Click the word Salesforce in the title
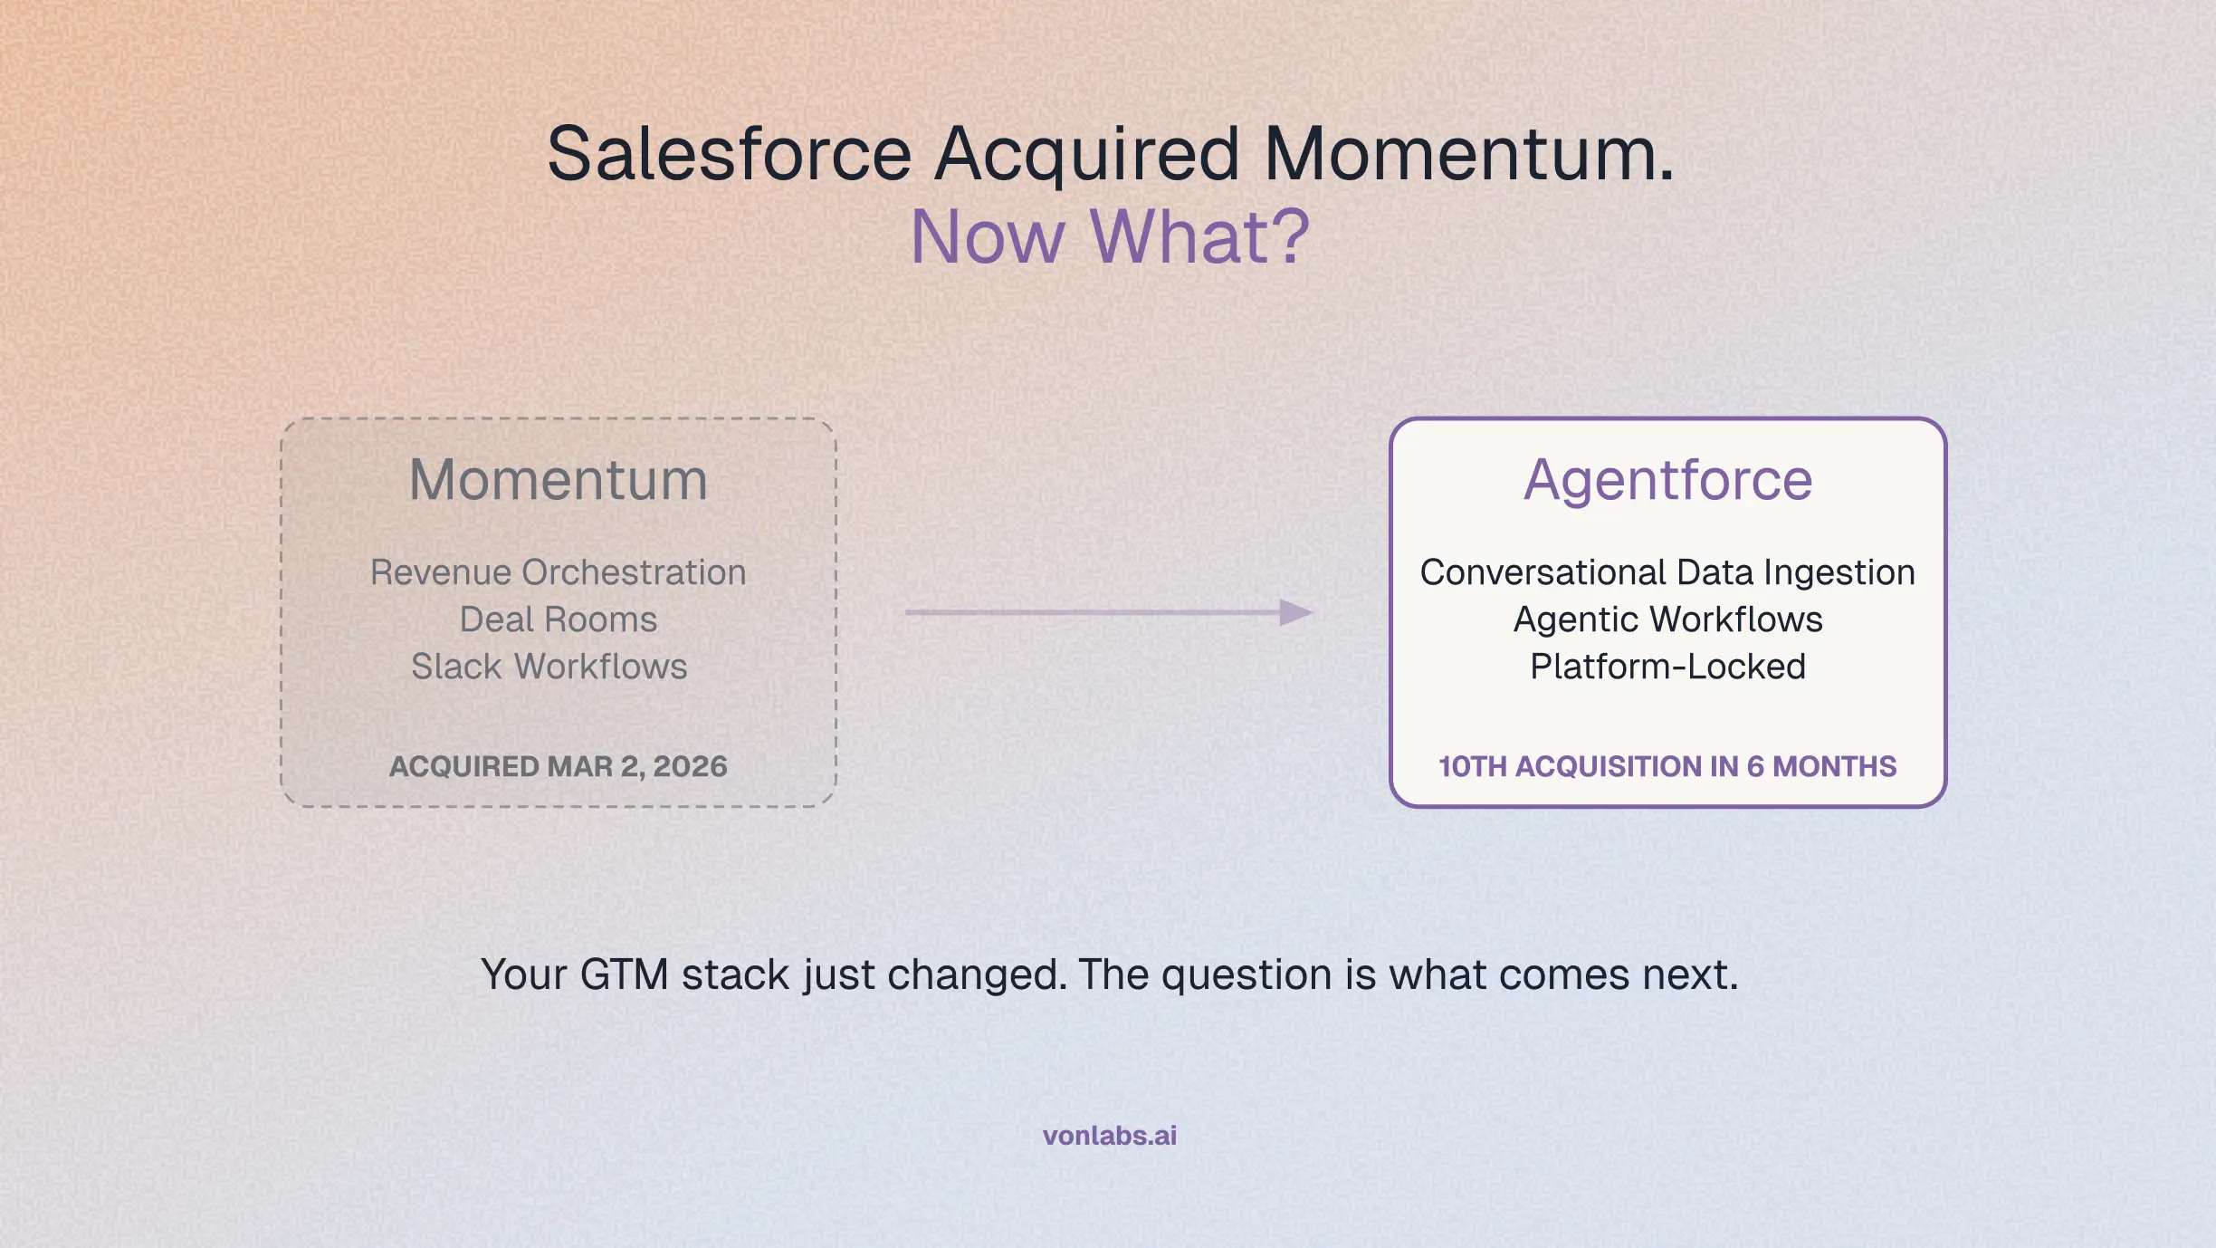point(730,153)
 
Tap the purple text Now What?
point(1110,236)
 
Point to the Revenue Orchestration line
point(559,572)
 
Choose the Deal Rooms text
point(559,619)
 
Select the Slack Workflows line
point(549,667)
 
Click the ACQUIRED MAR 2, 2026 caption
point(559,766)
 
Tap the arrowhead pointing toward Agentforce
point(1296,612)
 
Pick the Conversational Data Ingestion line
point(1667,572)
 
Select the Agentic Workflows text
point(1668,619)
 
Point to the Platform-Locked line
point(1668,667)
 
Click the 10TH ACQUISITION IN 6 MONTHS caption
point(1667,766)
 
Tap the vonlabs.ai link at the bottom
point(1110,1136)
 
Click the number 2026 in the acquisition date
point(690,766)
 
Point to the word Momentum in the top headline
point(1469,153)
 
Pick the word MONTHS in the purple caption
point(1835,766)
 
